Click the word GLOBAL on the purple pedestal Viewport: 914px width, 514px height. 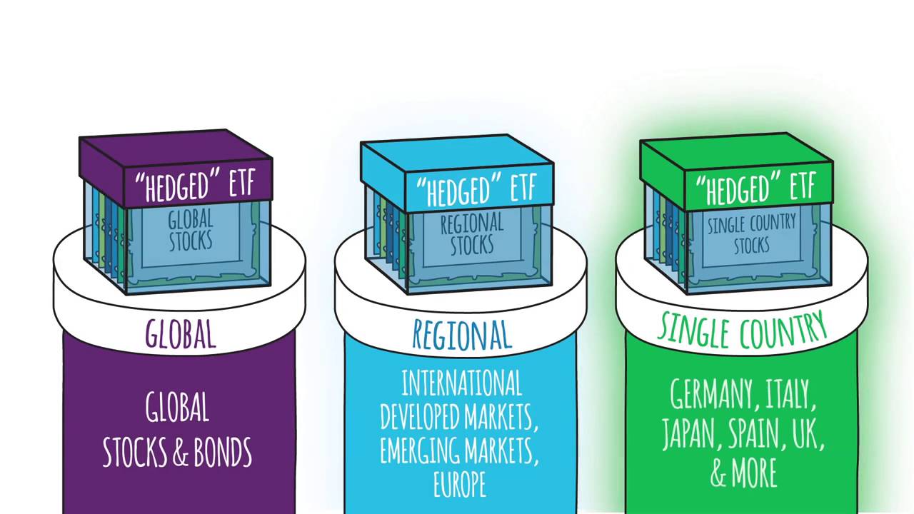coord(180,334)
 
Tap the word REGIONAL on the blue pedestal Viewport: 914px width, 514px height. coord(462,335)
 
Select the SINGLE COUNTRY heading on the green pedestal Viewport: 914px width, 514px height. coord(742,330)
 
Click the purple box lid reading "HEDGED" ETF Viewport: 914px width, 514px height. coord(199,184)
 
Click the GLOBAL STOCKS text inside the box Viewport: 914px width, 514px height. coord(191,230)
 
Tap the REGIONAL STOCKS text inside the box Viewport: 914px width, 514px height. coord(471,234)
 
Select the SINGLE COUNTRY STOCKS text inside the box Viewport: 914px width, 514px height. coord(751,234)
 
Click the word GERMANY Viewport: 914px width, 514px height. coord(710,395)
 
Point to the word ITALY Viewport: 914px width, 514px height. coord(790,395)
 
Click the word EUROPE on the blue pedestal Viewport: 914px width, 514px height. coord(459,483)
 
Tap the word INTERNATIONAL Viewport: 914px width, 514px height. coord(461,385)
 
